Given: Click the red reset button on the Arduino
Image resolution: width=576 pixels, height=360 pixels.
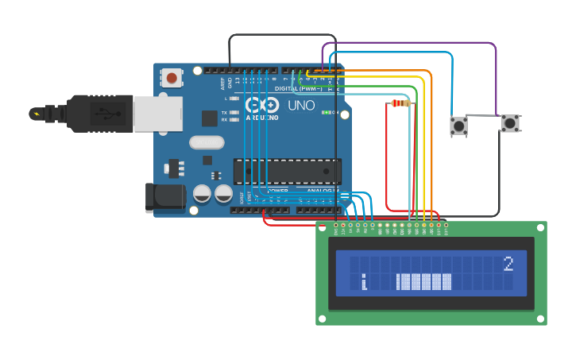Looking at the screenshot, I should click(171, 77).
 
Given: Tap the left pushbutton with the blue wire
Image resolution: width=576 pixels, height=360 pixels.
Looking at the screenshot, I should click(458, 125).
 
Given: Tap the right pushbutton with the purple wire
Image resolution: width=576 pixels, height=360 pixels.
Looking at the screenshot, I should click(509, 123).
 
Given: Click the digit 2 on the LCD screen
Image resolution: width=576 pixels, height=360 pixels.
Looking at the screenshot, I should click(508, 263).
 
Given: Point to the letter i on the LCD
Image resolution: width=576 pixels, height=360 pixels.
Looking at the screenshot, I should click(364, 282).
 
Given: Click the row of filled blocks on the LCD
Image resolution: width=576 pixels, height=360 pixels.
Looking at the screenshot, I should click(424, 282).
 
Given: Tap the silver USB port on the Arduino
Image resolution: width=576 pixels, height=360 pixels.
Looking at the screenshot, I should click(157, 114).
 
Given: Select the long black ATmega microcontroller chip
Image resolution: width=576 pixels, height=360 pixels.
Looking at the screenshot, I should click(287, 171).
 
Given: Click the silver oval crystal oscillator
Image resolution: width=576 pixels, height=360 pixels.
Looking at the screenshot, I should click(207, 142).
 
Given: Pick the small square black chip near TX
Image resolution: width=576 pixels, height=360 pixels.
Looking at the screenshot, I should click(210, 118).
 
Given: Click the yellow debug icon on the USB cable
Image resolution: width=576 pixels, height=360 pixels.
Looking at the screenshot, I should click(36, 114).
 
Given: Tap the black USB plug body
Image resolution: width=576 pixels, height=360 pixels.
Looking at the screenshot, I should click(99, 114).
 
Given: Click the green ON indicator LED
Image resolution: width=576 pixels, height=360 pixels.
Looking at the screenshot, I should click(326, 113).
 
